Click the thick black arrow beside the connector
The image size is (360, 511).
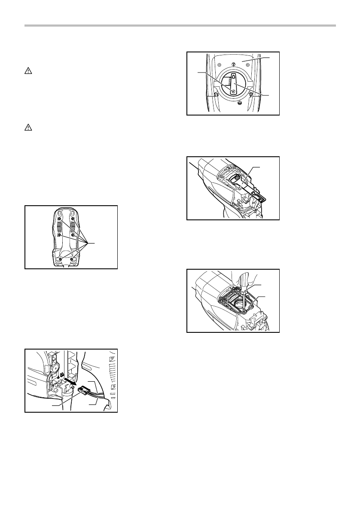pos(69,382)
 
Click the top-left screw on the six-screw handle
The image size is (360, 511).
pos(60,219)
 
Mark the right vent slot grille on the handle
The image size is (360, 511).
pos(73,227)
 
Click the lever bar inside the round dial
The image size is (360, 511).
pos(233,84)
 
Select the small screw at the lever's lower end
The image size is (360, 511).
pos(233,91)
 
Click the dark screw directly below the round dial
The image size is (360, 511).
pos(239,102)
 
